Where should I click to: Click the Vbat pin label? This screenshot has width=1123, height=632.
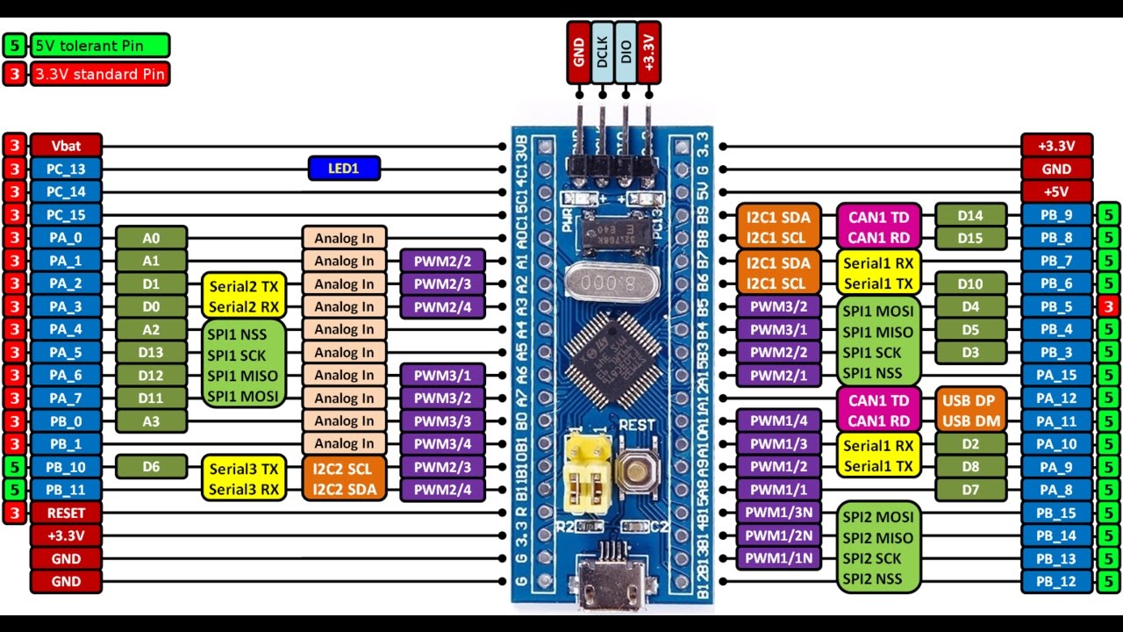point(67,146)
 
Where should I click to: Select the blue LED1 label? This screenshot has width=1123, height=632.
point(344,169)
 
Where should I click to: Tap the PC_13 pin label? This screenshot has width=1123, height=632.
point(67,169)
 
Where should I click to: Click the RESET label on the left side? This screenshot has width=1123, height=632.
point(67,513)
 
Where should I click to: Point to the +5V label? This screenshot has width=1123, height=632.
point(1056,191)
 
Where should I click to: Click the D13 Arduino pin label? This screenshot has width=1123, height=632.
point(151,353)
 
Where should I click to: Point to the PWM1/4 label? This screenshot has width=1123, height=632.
point(778,421)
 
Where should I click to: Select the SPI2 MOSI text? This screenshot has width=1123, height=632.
point(877,516)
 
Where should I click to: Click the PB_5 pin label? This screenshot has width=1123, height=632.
point(1056,306)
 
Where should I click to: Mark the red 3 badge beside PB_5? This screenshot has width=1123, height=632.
point(1108,306)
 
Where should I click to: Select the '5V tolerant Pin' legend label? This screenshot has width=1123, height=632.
point(99,46)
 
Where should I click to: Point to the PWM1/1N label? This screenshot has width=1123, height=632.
point(778,558)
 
